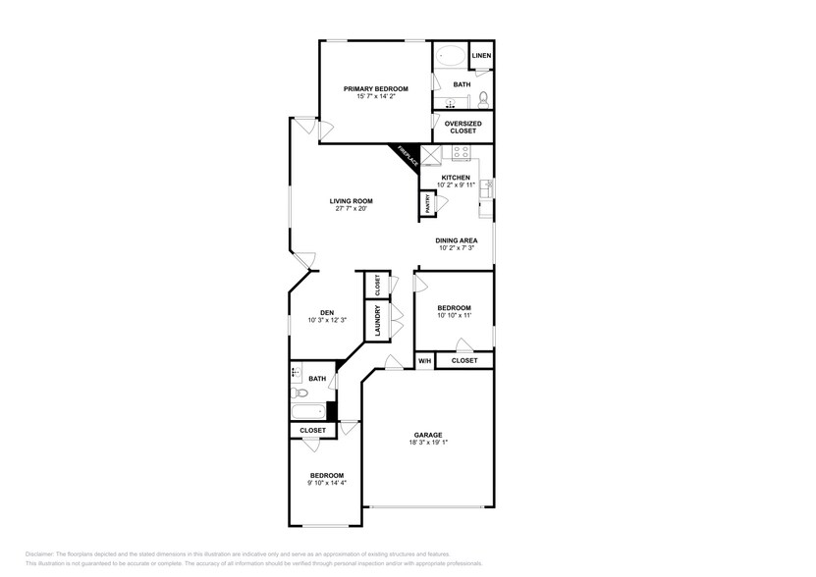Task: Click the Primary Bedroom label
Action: [376, 88]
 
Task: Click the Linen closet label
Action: [481, 56]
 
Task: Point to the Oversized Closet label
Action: [462, 127]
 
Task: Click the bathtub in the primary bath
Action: [451, 56]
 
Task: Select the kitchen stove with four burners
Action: [460, 152]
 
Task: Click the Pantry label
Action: [428, 203]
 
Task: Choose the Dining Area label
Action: [457, 239]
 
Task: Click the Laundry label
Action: [376, 321]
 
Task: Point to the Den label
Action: [326, 312]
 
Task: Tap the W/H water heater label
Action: [424, 361]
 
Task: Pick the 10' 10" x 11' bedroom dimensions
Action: [454, 315]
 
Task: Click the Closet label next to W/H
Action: [464, 361]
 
